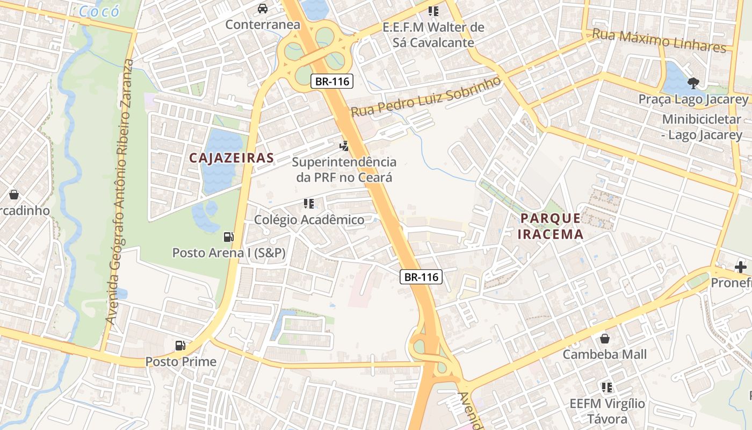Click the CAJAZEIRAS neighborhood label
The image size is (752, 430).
point(232,158)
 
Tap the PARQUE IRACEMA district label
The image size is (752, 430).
point(551,226)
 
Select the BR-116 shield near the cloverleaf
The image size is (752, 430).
point(332,82)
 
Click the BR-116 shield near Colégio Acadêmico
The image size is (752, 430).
point(421,277)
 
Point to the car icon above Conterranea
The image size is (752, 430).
point(263,9)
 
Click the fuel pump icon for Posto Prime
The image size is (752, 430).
point(180,346)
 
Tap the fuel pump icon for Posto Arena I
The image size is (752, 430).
point(228,236)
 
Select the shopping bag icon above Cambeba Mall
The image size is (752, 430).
point(605,339)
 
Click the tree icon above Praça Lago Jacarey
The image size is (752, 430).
point(693,83)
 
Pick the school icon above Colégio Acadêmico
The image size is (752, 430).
point(309,204)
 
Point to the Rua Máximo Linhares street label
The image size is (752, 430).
point(659,41)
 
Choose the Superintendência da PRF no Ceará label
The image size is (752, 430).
point(344,169)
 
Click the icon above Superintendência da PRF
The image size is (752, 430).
point(344,145)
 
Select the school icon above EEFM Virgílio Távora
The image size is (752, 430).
point(607,387)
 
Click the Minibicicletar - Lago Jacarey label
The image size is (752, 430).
point(702,127)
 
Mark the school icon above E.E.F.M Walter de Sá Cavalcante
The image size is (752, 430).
point(433,11)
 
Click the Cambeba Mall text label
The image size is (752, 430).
point(605,355)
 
